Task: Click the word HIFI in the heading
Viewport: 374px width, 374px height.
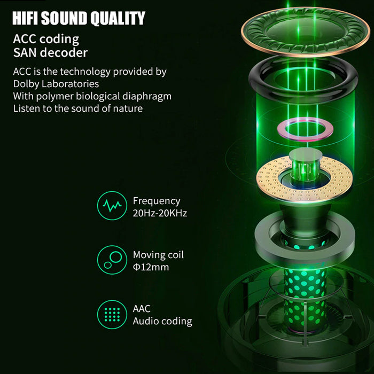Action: pos(25,18)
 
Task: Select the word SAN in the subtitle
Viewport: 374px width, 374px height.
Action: pos(25,53)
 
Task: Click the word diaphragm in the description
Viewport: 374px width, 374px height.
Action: pos(147,96)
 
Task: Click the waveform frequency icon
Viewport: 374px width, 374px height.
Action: pos(112,205)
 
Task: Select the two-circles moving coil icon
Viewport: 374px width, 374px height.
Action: pos(112,260)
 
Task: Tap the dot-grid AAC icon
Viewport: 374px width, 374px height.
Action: pos(112,314)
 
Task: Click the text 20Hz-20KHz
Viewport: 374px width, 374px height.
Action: pos(160,213)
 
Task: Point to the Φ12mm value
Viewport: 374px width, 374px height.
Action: pos(151,267)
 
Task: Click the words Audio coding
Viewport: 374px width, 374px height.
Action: pos(162,321)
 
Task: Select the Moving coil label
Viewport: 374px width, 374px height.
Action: pos(158,255)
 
